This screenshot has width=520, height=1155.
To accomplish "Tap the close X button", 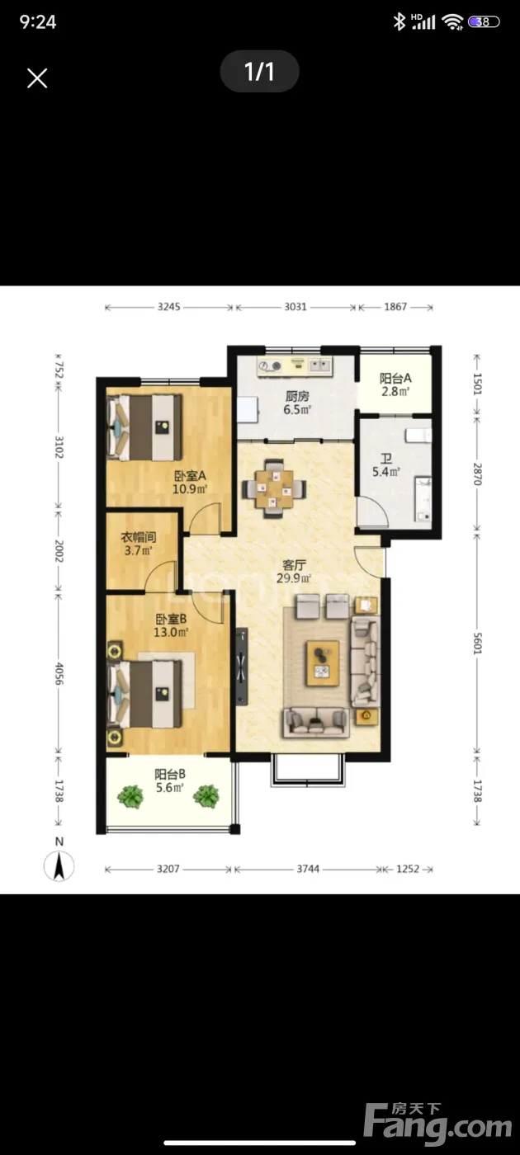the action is pos(37,78).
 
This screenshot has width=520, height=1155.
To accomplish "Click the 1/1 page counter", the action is pos(259,71).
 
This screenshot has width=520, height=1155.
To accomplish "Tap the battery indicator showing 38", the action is pos(484,21).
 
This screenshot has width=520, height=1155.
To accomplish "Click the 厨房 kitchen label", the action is pos(297,396).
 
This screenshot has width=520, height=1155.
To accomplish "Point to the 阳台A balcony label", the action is pos(395,378).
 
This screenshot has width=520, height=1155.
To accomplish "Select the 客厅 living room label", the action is pos(294,565).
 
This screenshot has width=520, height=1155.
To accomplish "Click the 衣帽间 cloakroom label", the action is pos(139,537).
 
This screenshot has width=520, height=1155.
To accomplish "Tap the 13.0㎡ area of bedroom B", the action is pos(171,632).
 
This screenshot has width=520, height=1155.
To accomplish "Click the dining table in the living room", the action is pos(274,488).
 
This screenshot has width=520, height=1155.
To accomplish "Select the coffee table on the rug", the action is pos(323,663).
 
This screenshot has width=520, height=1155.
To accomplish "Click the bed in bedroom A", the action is pos(144,427).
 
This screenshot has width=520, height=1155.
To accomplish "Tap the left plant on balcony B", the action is pos(130,797).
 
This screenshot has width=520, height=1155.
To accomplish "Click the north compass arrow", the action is pos(59,865).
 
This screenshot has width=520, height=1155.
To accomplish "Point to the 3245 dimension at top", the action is pos(168,307).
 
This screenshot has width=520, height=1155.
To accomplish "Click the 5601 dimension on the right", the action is pos(477,643).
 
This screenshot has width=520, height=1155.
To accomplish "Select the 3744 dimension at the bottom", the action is pos(308,869).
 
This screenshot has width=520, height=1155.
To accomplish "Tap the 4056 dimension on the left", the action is pos(59,673).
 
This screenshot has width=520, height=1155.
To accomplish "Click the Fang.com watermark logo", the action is pos(438,1120).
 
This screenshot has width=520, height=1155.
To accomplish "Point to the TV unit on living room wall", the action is pos(241,667).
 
